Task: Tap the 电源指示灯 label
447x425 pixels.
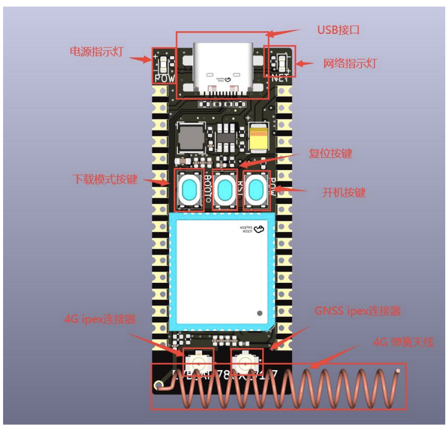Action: click(96, 52)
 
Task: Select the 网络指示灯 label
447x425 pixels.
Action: click(350, 64)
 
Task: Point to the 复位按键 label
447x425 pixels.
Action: click(330, 154)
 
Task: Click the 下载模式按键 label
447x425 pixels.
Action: click(105, 179)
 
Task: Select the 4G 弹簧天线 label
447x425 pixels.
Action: click(403, 342)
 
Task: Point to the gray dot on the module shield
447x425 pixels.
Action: click(260, 314)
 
